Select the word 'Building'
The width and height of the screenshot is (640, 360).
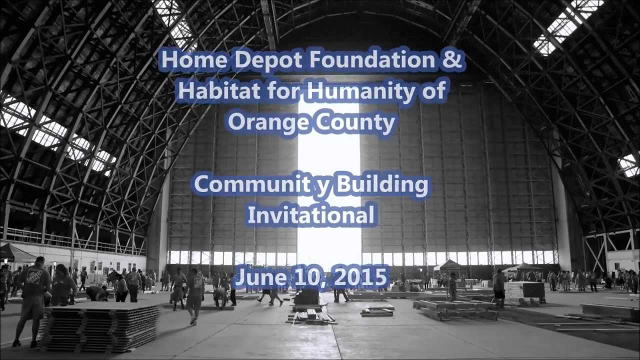382,185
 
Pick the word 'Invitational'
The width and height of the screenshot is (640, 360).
311,215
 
